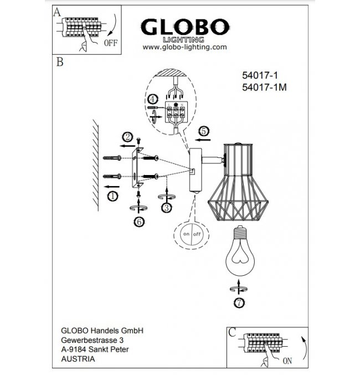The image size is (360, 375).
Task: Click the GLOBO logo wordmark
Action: (x=185, y=27)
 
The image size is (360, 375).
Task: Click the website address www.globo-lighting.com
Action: (x=184, y=47)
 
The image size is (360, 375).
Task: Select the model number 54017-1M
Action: (x=264, y=88)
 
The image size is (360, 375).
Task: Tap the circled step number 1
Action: (x=113, y=196)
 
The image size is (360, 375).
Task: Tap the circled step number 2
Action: (x=127, y=137)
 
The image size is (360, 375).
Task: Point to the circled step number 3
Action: (x=167, y=208)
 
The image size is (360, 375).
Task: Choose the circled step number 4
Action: (x=152, y=99)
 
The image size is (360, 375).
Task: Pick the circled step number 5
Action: (x=204, y=131)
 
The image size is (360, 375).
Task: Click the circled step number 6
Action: (x=139, y=222)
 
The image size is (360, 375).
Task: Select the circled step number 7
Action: (x=239, y=303)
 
